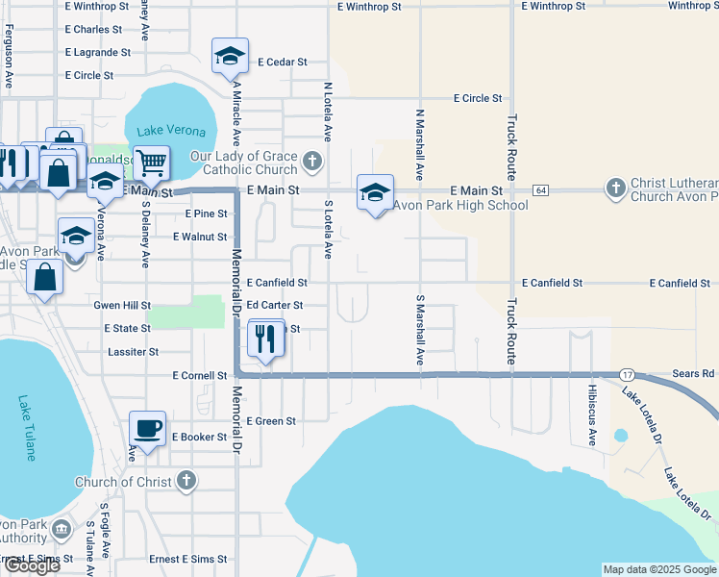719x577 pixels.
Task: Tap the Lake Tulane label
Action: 28,427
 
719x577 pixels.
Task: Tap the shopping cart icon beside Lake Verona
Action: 151,163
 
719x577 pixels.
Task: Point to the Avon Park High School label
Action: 461,205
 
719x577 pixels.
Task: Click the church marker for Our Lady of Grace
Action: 311,160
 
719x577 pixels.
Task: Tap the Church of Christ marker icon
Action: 186,481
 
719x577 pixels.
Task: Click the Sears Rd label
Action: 695,373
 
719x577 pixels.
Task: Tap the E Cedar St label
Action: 283,62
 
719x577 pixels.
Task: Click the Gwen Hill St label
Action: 122,305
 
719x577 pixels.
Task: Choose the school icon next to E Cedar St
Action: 231,57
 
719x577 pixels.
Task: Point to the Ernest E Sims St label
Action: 187,559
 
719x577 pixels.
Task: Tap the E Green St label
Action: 271,421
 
